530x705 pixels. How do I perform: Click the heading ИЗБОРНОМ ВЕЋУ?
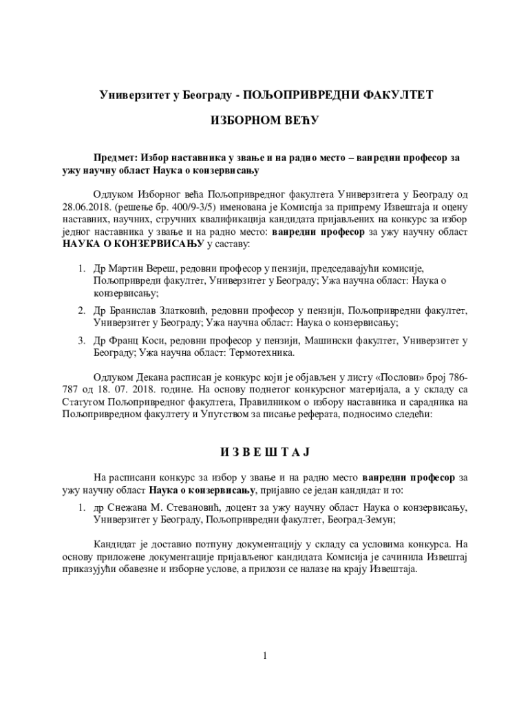(264, 120)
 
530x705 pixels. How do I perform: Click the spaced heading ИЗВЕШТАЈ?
(264, 452)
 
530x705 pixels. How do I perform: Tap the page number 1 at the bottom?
(264, 655)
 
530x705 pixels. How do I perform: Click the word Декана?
(151, 378)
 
